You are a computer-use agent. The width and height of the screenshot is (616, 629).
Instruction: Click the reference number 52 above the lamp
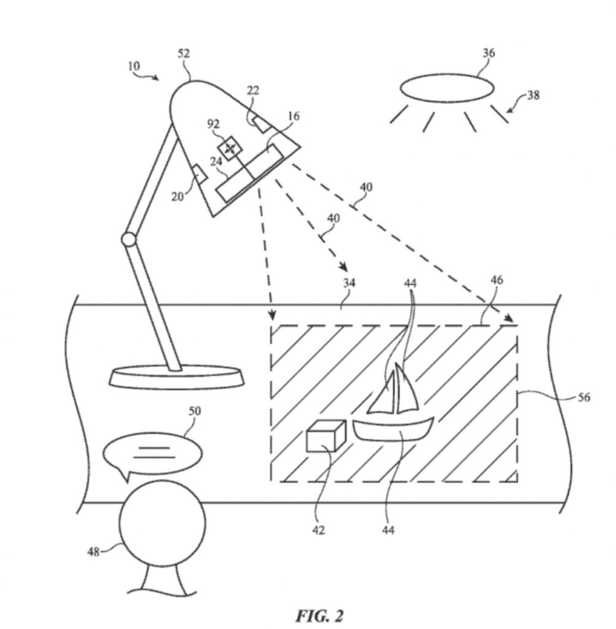tap(184, 54)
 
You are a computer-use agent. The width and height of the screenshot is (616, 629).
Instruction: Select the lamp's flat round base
tap(176, 377)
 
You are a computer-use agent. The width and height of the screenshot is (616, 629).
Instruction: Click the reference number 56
tap(583, 398)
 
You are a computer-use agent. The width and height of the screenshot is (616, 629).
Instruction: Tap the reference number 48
tap(93, 551)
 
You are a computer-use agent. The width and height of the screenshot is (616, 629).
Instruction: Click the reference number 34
tap(349, 283)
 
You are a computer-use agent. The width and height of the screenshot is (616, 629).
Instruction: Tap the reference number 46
tap(497, 279)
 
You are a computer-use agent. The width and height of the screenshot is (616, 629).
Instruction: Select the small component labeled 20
tap(199, 175)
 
